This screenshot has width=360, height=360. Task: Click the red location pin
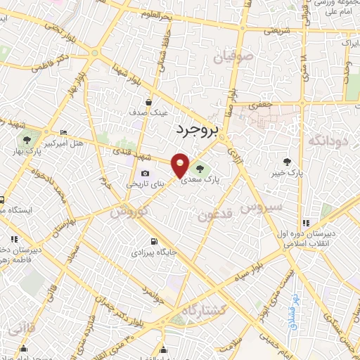click(x=181, y=164)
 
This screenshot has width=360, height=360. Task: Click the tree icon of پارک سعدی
click(x=201, y=168)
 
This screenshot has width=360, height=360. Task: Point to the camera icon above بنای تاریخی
click(x=145, y=173)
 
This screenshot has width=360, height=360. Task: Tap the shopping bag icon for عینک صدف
click(x=148, y=101)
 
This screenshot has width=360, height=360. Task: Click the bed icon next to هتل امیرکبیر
click(x=64, y=132)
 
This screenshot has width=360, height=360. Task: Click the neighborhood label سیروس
click(x=262, y=207)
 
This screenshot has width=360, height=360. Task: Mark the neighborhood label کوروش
click(x=129, y=210)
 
